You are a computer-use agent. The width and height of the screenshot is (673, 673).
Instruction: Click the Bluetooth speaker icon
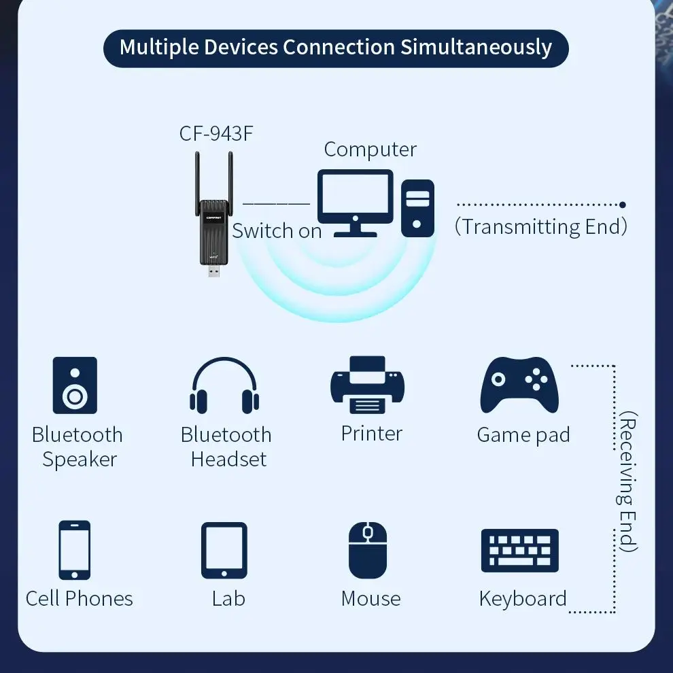click(75, 385)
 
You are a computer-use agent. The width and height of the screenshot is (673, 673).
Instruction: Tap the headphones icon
click(224, 385)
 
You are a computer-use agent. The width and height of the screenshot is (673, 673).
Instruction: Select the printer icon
click(367, 385)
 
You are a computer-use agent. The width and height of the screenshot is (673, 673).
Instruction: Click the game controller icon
click(520, 385)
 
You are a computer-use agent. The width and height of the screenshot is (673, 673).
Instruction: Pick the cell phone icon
click(74, 549)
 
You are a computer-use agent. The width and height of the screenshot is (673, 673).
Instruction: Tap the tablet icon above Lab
click(224, 550)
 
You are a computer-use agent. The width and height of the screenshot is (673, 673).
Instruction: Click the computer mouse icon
click(368, 549)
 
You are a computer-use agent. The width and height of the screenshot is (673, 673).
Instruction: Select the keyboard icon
click(520, 550)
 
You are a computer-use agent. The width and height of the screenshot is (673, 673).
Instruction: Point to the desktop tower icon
click(417, 208)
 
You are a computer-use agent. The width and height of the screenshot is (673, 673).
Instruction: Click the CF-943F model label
click(216, 133)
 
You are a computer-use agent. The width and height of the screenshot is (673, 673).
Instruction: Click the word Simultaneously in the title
click(476, 48)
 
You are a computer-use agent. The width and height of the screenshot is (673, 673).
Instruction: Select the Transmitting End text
click(541, 226)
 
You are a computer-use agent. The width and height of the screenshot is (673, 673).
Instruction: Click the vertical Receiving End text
click(628, 481)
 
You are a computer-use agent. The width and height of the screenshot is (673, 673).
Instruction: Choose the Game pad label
click(523, 435)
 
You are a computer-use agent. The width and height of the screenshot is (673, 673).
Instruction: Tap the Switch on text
click(277, 230)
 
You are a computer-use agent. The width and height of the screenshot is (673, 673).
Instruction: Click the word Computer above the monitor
click(370, 150)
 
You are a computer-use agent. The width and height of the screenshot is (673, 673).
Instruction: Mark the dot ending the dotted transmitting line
click(623, 204)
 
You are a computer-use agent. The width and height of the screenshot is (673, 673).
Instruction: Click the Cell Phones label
click(79, 598)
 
